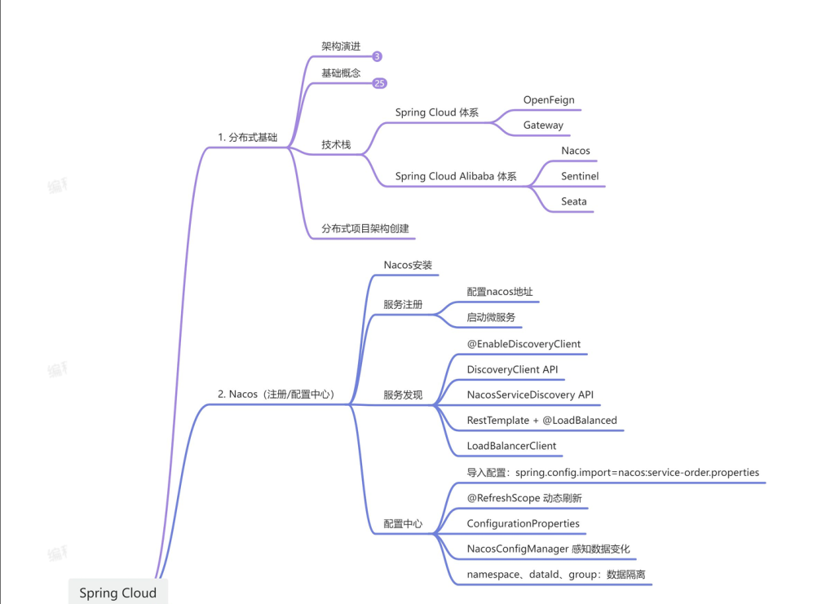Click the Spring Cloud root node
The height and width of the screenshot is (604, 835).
[x=117, y=593]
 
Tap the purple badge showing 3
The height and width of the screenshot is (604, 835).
[x=377, y=57]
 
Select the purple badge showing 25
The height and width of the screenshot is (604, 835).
[x=379, y=83]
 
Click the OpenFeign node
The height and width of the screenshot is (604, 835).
[x=549, y=100]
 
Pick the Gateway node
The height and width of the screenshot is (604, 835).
[x=543, y=126]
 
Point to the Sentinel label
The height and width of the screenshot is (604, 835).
[x=580, y=176]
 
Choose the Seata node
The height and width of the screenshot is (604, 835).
[x=573, y=201]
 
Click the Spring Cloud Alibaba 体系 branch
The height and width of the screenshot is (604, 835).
[x=455, y=176]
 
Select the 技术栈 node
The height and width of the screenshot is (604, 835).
[x=336, y=144]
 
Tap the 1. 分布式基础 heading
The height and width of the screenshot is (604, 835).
[x=248, y=138]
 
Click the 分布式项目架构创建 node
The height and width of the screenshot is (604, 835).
[x=364, y=229]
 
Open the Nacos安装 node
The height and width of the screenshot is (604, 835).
[x=408, y=266]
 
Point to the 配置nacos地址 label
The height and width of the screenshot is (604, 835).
[x=500, y=292]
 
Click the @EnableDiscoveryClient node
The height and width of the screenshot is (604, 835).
[x=524, y=344]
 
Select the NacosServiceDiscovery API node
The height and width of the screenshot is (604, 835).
[x=530, y=395]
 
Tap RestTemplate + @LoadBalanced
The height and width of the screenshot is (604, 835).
[x=541, y=421]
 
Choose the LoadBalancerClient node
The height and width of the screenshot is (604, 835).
[x=511, y=446]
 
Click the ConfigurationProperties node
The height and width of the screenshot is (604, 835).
[x=523, y=523]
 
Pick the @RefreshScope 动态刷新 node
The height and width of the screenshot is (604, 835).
[x=524, y=497]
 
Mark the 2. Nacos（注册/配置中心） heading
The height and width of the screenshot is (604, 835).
[x=276, y=395]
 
